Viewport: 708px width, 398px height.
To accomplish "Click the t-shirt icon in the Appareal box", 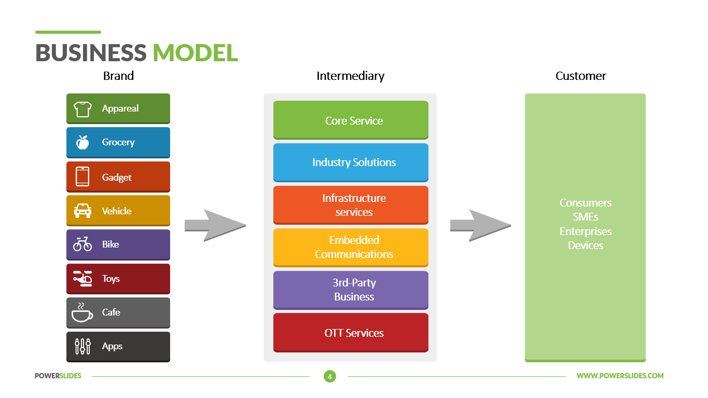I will (82, 109).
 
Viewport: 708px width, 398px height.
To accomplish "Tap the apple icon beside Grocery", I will (82, 142).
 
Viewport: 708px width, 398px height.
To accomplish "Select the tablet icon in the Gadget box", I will (82, 177).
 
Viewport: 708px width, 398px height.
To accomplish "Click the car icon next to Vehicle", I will (82, 211).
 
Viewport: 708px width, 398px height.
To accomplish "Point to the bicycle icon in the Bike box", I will (82, 244).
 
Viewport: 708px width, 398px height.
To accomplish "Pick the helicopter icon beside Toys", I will (82, 279).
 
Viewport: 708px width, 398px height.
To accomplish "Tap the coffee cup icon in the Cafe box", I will (82, 312).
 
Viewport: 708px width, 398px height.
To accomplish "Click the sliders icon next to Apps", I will (82, 346).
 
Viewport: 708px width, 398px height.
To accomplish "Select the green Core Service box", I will (351, 120).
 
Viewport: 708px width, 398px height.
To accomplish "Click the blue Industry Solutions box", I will (351, 162).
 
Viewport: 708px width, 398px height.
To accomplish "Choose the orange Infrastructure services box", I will (351, 205).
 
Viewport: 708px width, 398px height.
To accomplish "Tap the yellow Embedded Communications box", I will (351, 247).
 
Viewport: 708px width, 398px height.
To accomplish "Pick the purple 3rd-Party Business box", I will (351, 290).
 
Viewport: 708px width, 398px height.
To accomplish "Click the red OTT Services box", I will (351, 333).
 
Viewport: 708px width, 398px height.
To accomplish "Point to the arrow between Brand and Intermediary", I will (214, 226).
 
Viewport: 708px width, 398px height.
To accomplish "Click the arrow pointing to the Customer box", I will (480, 226).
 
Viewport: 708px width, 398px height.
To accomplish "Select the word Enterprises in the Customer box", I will (585, 231).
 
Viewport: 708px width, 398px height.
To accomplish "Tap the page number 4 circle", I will (329, 376).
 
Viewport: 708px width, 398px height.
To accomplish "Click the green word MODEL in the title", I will (195, 53).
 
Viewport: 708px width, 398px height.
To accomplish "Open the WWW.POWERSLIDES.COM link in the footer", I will (620, 376).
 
